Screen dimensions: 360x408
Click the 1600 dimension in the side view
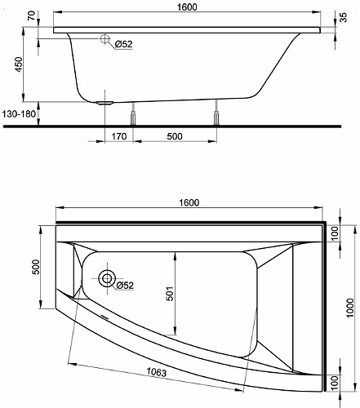[187, 7]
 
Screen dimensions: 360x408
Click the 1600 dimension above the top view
[189, 202]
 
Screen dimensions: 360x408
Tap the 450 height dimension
[19, 64]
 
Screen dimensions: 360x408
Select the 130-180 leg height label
[19, 113]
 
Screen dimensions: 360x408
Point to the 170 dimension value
[119, 136]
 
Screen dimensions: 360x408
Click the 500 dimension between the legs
[175, 136]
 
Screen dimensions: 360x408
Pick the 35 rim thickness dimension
[344, 17]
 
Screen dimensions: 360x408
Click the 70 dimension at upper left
[31, 16]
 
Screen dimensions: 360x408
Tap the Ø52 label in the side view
[123, 44]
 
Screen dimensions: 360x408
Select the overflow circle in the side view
[104, 39]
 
